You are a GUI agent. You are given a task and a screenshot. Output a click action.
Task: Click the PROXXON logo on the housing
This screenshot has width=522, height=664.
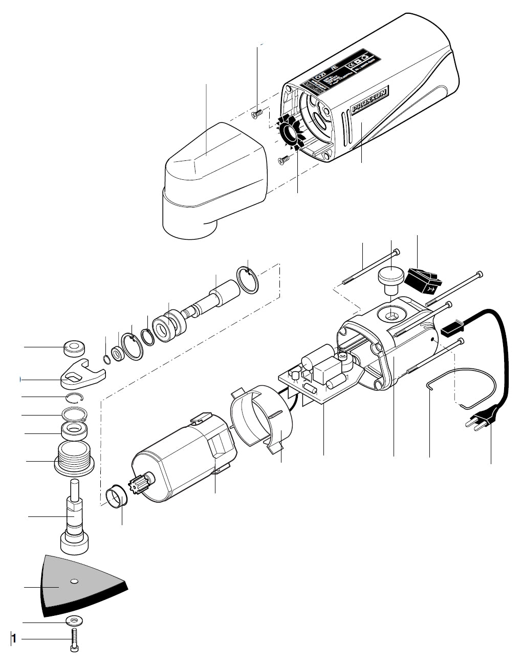pyautogui.click(x=369, y=99)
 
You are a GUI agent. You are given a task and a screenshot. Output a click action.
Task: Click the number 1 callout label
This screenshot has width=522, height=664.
pyautogui.click(x=14, y=639)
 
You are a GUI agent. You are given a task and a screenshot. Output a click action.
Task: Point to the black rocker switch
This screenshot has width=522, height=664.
pyautogui.click(x=422, y=281)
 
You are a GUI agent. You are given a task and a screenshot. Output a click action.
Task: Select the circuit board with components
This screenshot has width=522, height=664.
pyautogui.click(x=317, y=377)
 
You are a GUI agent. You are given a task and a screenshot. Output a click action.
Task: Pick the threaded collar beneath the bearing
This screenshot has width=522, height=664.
pyautogui.click(x=75, y=458)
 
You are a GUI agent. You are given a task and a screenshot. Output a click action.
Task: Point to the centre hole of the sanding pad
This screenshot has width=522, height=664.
pyautogui.click(x=75, y=581)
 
